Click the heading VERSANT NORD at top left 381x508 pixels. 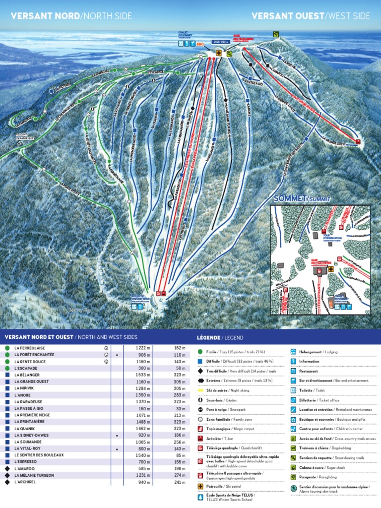[x=45, y=16]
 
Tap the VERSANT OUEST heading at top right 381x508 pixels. [x=287, y=16]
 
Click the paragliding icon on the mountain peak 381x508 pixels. [x=275, y=34]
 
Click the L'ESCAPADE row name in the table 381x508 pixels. [x=25, y=369]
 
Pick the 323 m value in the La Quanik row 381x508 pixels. [x=179, y=428]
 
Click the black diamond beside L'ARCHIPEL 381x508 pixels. [x=7, y=482]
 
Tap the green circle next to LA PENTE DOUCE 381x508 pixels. [x=7, y=362]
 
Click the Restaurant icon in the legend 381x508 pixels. [x=294, y=371]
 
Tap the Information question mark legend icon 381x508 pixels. [x=294, y=361]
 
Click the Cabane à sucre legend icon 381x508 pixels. [x=294, y=467]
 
